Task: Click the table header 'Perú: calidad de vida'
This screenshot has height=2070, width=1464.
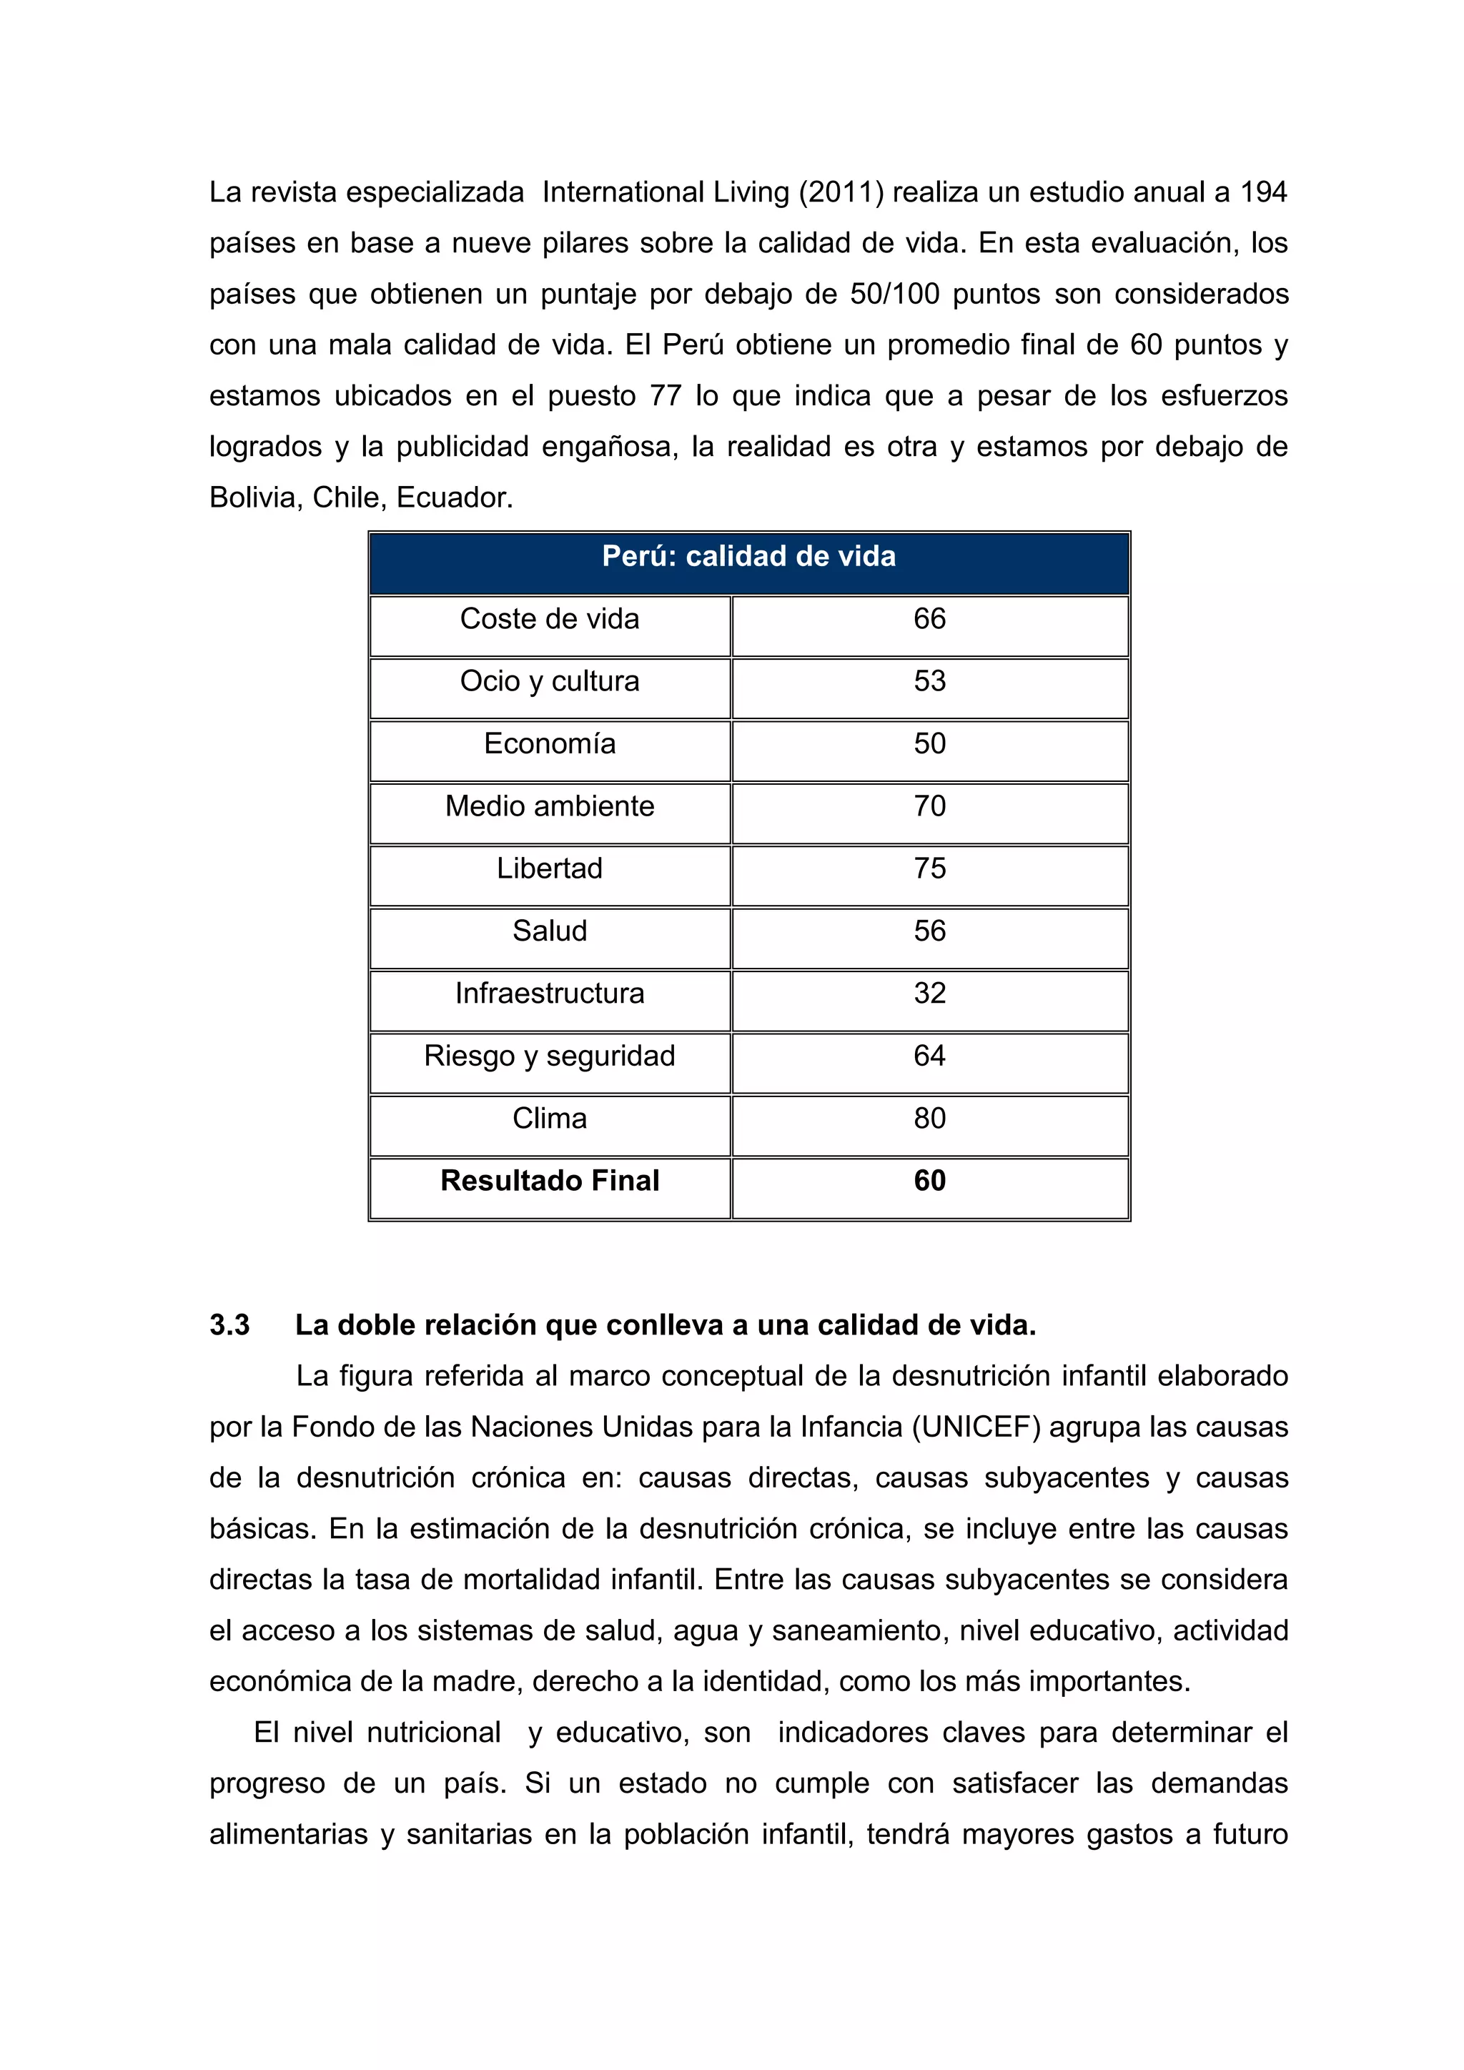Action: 748,556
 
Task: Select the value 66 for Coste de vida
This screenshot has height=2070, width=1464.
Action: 929,620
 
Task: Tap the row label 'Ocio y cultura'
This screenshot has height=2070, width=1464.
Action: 549,682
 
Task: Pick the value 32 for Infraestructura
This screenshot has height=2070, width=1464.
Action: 929,994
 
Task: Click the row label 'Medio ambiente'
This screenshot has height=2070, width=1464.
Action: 549,806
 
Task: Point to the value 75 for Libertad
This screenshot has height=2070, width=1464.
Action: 929,868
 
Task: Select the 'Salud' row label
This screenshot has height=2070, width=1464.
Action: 549,931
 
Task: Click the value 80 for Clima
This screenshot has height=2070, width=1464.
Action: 929,1119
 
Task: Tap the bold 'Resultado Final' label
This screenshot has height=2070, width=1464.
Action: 549,1181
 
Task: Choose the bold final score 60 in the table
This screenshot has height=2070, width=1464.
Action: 929,1181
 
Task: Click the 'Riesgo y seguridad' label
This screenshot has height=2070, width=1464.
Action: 549,1056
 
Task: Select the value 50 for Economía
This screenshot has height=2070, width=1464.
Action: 929,744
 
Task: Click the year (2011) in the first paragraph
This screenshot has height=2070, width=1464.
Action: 840,193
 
